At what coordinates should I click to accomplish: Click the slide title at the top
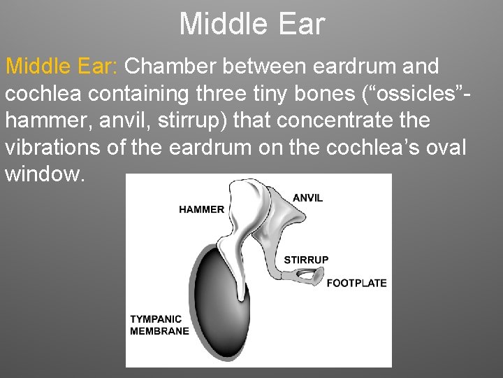pos(251,24)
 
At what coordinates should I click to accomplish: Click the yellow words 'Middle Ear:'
pos(62,67)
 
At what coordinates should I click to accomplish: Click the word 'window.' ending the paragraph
pos(46,174)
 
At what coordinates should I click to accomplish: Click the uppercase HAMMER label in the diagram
pos(202,209)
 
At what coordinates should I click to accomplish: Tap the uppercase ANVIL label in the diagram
pos(307,198)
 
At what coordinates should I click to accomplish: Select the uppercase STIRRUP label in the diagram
pos(306,260)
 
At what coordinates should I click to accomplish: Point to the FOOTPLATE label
pos(356,283)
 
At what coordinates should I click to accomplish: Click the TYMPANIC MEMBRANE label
pos(159,325)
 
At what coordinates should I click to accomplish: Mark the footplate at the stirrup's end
pos(316,279)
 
